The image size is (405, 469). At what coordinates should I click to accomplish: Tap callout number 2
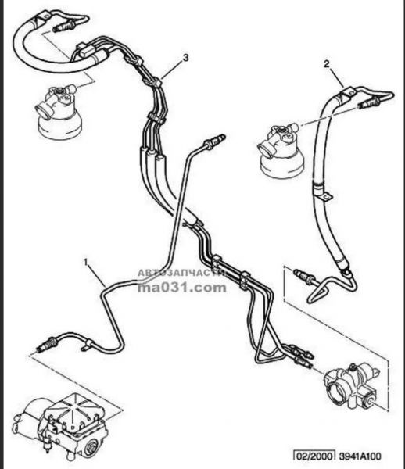pyautogui.click(x=326, y=64)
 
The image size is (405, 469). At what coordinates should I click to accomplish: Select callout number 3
pyautogui.click(x=186, y=57)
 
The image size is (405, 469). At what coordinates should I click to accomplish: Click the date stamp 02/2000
pyautogui.click(x=314, y=456)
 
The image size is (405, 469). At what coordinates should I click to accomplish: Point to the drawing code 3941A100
pyautogui.click(x=360, y=456)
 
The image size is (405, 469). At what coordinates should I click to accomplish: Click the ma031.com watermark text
pyautogui.click(x=182, y=288)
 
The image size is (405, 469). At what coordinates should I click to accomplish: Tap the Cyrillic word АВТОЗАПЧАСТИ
pyautogui.click(x=181, y=273)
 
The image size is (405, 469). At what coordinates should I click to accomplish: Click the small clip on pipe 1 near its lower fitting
pyautogui.click(x=87, y=345)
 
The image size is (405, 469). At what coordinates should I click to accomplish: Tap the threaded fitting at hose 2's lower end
pyautogui.click(x=304, y=276)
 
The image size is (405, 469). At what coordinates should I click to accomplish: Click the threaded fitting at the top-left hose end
pyautogui.click(x=63, y=26)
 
